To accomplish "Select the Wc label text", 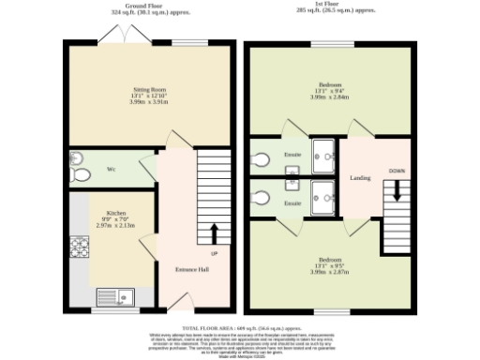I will (111, 169).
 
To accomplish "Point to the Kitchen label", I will (116, 213).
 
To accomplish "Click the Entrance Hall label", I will (192, 269).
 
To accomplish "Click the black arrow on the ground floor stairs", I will (214, 232).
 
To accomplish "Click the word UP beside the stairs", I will (214, 253).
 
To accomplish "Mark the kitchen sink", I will (119, 297).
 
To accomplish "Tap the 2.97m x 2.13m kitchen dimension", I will (116, 226).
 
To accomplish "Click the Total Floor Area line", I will (239, 327).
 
